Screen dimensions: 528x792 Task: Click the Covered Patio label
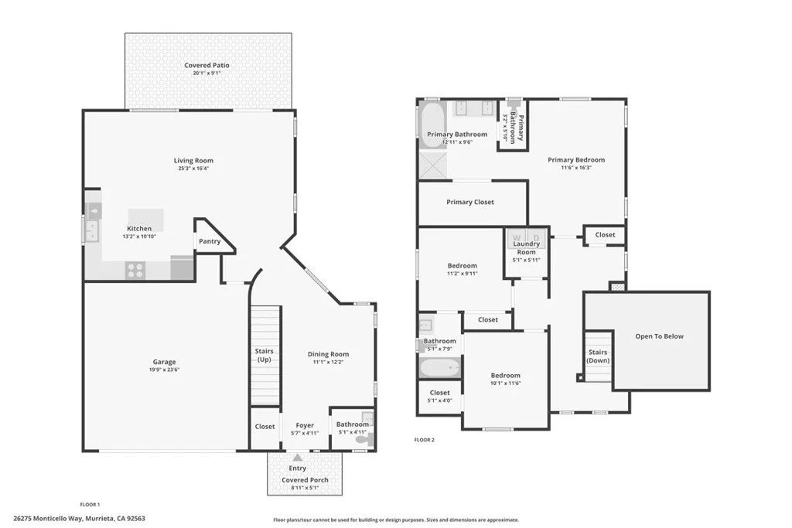point(207,65)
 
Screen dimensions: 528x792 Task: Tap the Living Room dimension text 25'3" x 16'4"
point(193,169)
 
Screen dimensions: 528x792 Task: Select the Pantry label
point(209,241)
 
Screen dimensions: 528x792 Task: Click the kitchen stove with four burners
point(135,270)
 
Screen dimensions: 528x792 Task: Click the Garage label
point(164,362)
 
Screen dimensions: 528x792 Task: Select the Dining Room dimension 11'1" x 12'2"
point(328,362)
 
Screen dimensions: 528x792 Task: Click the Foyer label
point(305,424)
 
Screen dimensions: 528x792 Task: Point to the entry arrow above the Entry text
point(297,458)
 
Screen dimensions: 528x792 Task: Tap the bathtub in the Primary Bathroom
point(432,121)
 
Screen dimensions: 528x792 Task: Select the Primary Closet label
point(469,203)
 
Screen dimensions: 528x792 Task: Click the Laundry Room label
point(526,248)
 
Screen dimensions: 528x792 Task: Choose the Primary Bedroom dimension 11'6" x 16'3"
point(576,168)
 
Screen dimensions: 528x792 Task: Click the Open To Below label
point(659,336)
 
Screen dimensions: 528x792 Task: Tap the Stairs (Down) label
point(598,356)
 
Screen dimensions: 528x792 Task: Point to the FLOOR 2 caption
point(425,440)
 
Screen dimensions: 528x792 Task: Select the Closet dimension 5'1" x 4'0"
point(439,400)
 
